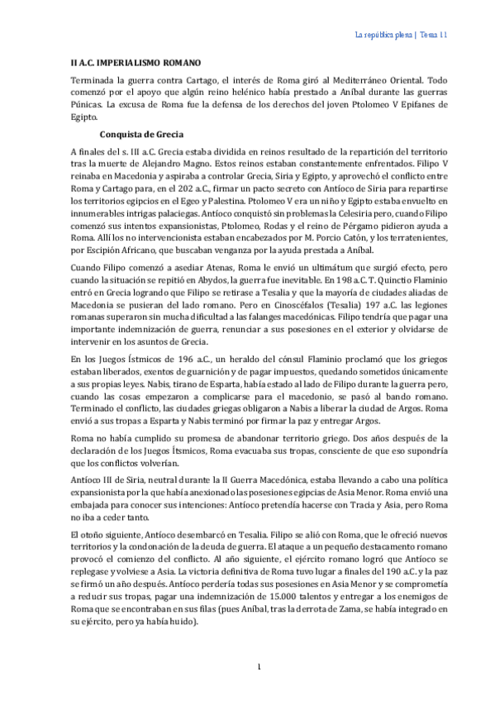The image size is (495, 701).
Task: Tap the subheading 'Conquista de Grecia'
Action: [141, 134]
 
